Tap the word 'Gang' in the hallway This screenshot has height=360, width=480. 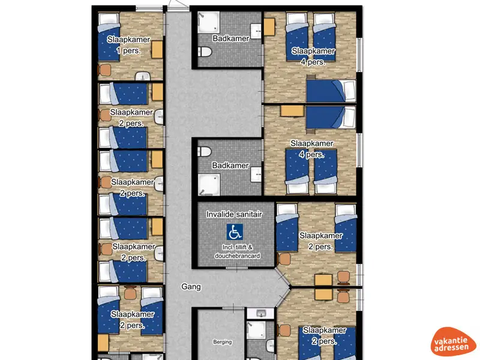(191, 287)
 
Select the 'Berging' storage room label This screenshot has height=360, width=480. (222, 342)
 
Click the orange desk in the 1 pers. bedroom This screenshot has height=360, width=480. (158, 48)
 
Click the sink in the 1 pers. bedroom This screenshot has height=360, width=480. (143, 76)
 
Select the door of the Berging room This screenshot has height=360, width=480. (234, 308)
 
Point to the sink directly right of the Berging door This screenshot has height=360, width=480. (260, 314)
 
